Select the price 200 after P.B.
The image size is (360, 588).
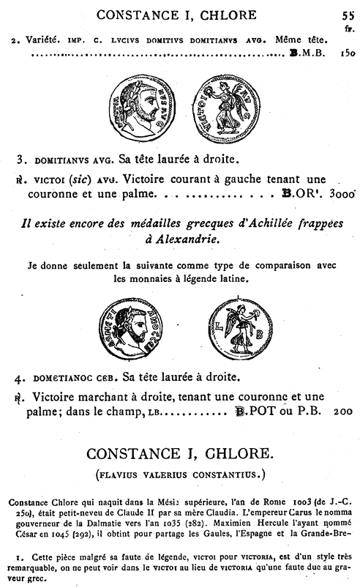pos(342,413)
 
